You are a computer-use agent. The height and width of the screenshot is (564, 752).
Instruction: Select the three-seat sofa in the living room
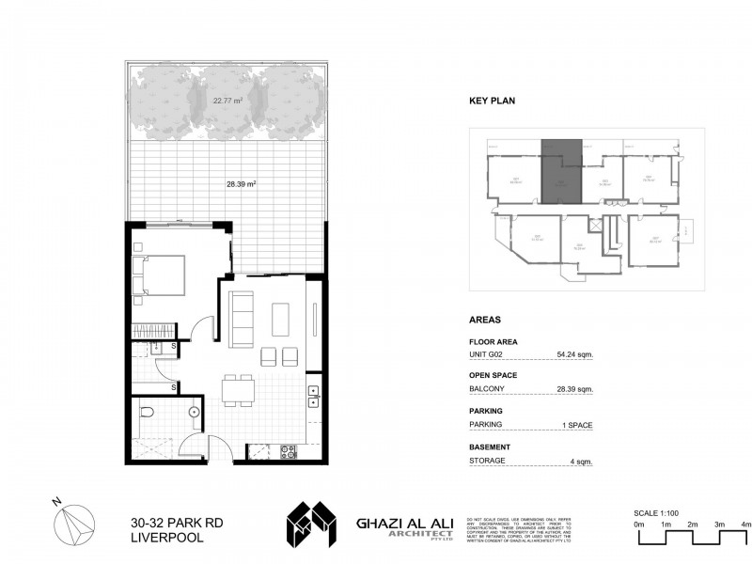242,318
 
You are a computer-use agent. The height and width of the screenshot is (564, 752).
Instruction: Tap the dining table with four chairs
238,388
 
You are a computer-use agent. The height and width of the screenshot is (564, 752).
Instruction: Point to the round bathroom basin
194,412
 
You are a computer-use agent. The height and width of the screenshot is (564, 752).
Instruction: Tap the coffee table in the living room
281,319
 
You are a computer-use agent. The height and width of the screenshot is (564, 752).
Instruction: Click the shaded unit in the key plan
561,171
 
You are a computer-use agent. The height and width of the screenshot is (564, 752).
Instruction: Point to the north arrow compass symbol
73,524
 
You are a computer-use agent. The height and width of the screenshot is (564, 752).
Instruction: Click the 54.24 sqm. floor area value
573,355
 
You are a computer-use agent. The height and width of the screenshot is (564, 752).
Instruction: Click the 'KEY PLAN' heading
493,101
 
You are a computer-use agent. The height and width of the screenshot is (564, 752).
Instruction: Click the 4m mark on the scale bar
745,523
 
